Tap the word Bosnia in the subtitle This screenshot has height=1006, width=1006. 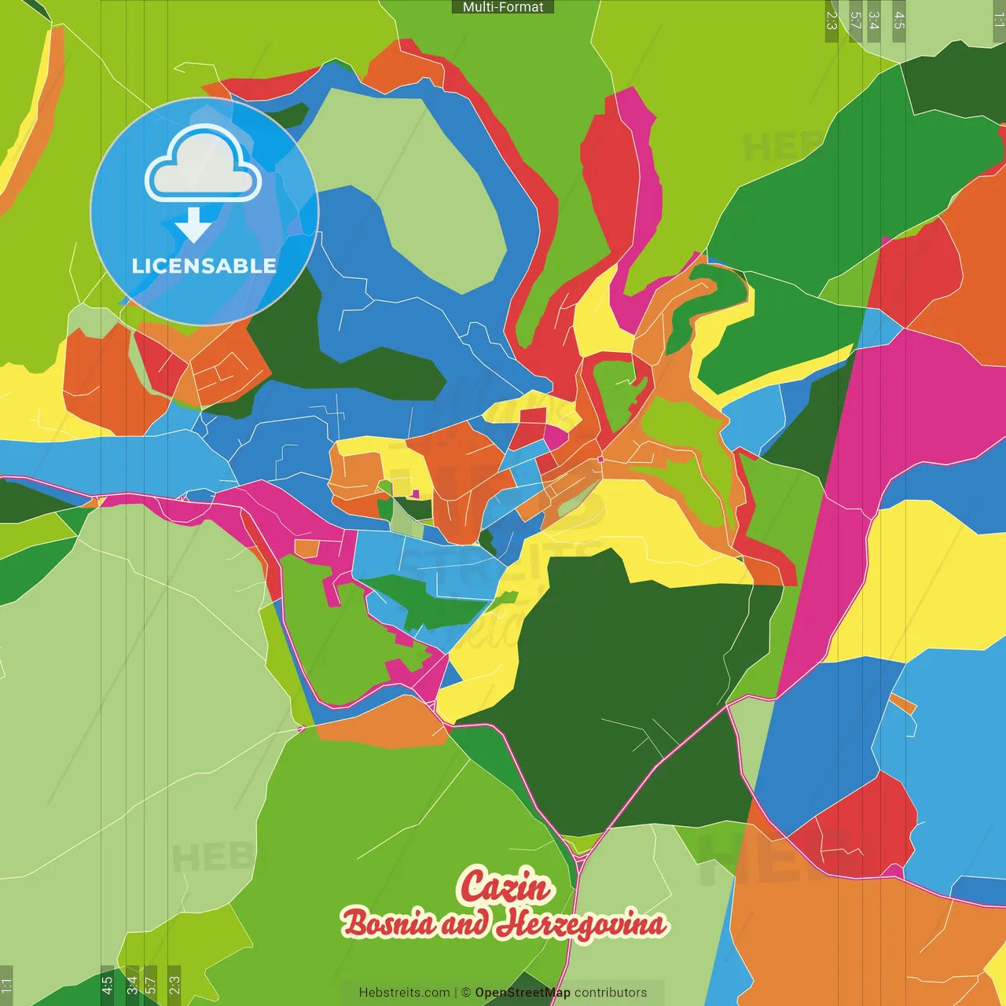click(388, 923)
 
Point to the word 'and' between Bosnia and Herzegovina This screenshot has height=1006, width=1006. click(464, 924)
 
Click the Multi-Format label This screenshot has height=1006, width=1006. click(503, 7)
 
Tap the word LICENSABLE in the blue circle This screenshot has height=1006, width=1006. click(204, 266)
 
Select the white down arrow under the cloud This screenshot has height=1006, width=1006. click(193, 226)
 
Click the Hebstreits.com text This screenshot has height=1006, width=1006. click(404, 993)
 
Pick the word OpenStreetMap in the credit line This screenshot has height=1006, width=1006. click(523, 993)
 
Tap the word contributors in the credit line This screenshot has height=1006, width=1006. click(611, 993)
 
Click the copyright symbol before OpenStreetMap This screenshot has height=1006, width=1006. click(466, 993)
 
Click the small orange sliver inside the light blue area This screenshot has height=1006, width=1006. click(904, 703)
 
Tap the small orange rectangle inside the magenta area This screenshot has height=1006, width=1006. click(307, 548)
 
